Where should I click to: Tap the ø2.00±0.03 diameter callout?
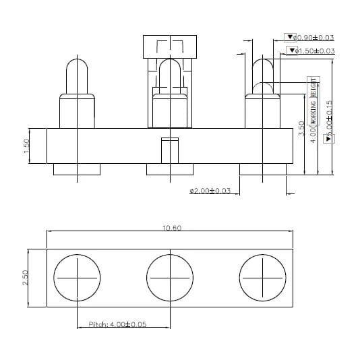[x=210, y=191]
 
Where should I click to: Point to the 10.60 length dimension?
[x=171, y=229]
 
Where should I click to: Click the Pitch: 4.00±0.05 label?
[x=118, y=324]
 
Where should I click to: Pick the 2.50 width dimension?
[x=26, y=277]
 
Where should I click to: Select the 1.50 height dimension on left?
[x=26, y=146]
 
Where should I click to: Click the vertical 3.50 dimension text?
[x=301, y=129]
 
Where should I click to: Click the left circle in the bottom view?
[x=77, y=277]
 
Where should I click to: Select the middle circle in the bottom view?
[x=170, y=277]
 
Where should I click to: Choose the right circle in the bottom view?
[x=263, y=277]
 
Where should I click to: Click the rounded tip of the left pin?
[x=77, y=67]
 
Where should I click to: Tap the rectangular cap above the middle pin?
[x=170, y=46]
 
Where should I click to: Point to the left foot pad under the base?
[x=77, y=169]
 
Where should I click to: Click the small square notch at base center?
[x=170, y=149]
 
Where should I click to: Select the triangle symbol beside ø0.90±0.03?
[x=291, y=38]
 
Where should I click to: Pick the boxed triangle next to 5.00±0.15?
[x=329, y=138]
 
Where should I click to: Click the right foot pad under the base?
[x=263, y=169]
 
